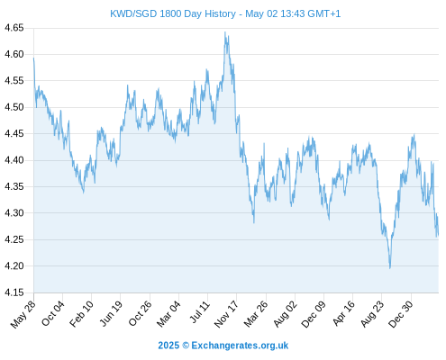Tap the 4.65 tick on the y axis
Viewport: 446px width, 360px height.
[14, 28]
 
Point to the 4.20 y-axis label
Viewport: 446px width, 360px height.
[14, 265]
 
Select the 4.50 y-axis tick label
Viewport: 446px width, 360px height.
[14, 107]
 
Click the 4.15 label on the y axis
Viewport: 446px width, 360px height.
[14, 292]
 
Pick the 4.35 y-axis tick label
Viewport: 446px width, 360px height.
[14, 186]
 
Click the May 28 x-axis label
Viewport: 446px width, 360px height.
[23, 314]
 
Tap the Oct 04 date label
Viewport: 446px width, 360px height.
[52, 313]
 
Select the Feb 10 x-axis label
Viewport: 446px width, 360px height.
[81, 313]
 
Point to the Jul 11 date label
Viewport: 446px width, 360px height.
[200, 312]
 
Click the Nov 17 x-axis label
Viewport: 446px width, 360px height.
[226, 314]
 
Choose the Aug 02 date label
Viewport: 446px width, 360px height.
[286, 314]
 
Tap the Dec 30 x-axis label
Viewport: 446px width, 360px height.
[401, 314]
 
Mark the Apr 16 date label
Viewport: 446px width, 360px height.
[344, 313]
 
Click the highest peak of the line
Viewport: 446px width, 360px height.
[225, 32]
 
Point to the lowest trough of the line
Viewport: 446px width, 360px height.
[390, 268]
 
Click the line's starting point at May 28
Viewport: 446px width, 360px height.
[33, 58]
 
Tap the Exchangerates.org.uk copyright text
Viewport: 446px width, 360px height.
[240, 346]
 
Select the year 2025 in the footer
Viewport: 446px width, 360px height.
[168, 346]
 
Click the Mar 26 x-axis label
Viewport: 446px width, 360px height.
[256, 314]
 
